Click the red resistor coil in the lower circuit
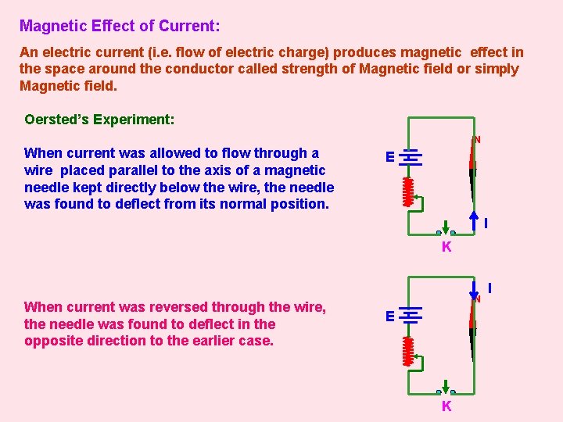tap(407, 351)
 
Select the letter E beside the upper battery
tap(389, 157)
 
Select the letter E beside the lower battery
tap(389, 316)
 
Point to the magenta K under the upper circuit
tap(446, 248)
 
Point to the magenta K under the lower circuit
tap(446, 406)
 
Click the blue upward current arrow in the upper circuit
tap(474, 218)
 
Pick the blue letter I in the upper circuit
tap(486, 224)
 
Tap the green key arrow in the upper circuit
tap(446, 227)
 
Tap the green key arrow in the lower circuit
tap(446, 387)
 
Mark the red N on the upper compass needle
tap(477, 140)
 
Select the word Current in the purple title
tap(190, 26)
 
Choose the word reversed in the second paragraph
tap(172, 307)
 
